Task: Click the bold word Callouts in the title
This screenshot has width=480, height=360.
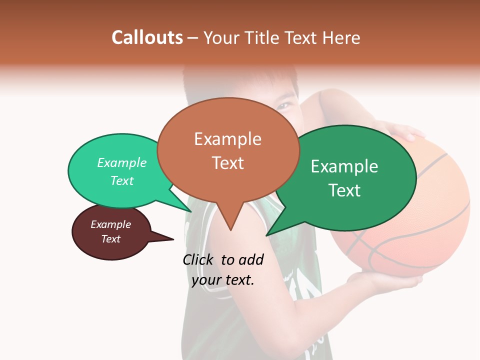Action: pyautogui.click(x=147, y=37)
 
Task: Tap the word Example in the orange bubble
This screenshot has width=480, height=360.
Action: pyautogui.click(x=227, y=138)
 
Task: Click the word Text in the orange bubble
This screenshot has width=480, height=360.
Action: pyautogui.click(x=227, y=162)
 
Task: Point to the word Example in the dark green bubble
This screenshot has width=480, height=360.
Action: pyautogui.click(x=344, y=166)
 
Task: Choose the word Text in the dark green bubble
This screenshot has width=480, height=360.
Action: pyautogui.click(x=344, y=190)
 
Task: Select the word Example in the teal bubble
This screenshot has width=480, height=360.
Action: pyautogui.click(x=122, y=162)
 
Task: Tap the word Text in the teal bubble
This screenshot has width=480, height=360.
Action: pyautogui.click(x=122, y=180)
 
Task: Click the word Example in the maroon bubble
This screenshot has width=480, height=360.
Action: pyautogui.click(x=110, y=224)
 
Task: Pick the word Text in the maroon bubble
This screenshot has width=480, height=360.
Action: pyautogui.click(x=110, y=239)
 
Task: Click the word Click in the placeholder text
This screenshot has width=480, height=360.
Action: pyautogui.click(x=198, y=259)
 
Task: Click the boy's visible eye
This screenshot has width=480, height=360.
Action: pyautogui.click(x=285, y=105)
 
